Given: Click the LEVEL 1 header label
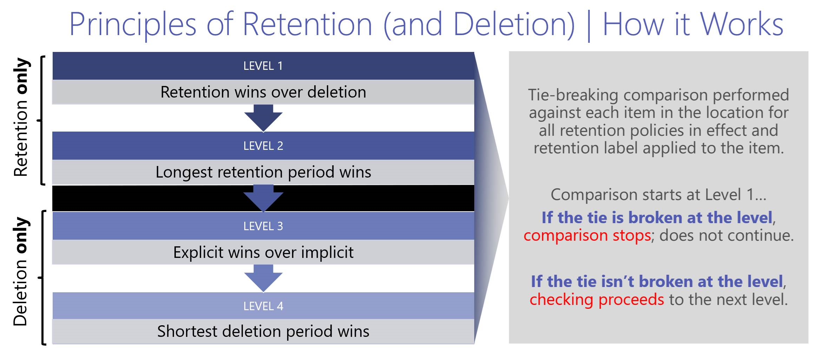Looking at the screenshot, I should (x=263, y=66).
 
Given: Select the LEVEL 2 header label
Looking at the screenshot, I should (x=263, y=146).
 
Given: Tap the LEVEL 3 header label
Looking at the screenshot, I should (x=263, y=226).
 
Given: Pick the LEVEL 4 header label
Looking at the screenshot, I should (x=263, y=306).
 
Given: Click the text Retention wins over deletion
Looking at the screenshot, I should (x=263, y=92).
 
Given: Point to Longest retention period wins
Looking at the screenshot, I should (x=263, y=172).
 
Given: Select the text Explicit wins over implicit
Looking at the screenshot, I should (x=263, y=253).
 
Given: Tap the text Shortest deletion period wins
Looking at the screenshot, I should (x=263, y=332).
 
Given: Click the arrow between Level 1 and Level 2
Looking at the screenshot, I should (x=263, y=118).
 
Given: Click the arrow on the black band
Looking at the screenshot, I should (x=263, y=198).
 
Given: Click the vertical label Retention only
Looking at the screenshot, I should (x=21, y=118).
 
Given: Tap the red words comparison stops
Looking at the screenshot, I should (x=587, y=235).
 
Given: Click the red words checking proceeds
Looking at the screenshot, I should (x=596, y=300).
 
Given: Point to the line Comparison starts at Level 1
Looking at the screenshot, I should (x=658, y=195).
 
